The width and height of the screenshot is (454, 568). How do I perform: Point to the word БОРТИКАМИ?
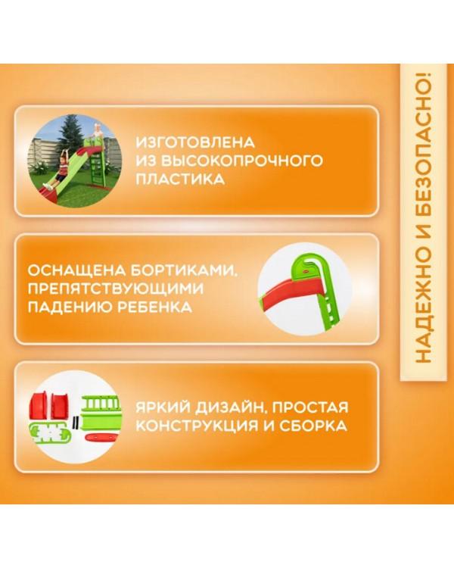pos(185,270)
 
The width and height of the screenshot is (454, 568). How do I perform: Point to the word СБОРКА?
pos(309,426)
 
